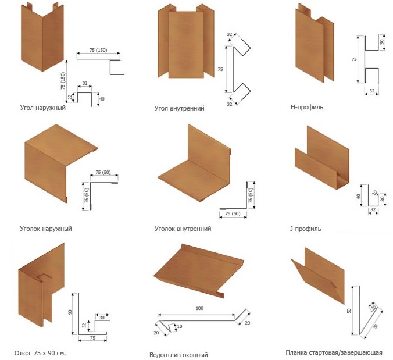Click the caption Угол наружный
(x=42, y=108)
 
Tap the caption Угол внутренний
(x=180, y=108)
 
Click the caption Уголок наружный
(x=45, y=229)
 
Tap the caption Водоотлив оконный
(x=178, y=354)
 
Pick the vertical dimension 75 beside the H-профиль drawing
(x=354, y=59)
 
